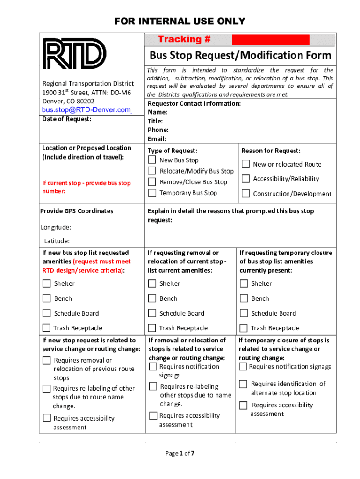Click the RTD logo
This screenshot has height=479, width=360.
pyautogui.click(x=74, y=53)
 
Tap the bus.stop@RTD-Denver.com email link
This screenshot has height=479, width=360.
pyautogui.click(x=86, y=110)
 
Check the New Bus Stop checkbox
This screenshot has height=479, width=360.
pyautogui.click(x=152, y=160)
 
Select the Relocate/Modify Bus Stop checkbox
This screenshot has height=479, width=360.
pyautogui.click(x=152, y=171)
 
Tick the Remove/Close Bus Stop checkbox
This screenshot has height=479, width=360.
pyautogui.click(x=152, y=182)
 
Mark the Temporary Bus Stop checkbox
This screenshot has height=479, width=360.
pyautogui.click(x=152, y=193)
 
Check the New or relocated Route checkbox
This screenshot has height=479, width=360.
pyautogui.click(x=245, y=164)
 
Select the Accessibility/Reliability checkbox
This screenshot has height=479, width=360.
pyautogui.click(x=245, y=179)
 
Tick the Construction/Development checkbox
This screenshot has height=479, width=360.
pyautogui.click(x=245, y=194)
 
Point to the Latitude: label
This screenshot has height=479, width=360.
pyautogui.click(x=57, y=241)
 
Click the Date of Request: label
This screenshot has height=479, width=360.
pyautogui.click(x=67, y=119)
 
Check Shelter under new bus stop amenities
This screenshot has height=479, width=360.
pyautogui.click(x=47, y=283)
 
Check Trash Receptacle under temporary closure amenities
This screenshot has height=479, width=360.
pyautogui.click(x=244, y=328)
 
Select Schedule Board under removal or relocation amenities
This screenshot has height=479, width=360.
pyautogui.click(x=152, y=313)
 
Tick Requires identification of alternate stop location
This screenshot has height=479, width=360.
pyautogui.click(x=243, y=384)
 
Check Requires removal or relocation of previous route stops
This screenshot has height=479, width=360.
pyautogui.click(x=47, y=360)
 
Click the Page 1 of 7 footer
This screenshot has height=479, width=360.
pyautogui.click(x=180, y=453)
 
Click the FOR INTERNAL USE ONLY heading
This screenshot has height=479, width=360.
pyautogui.click(x=180, y=21)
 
